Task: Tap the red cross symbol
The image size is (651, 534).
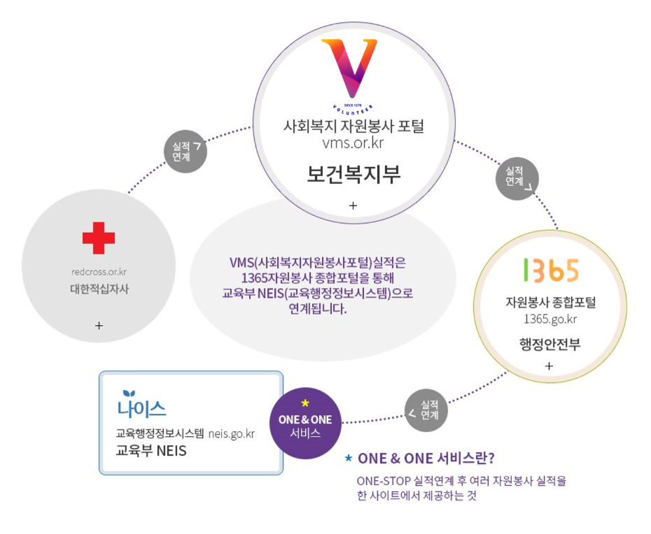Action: pos(99,238)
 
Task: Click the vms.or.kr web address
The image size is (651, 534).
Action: pos(353,143)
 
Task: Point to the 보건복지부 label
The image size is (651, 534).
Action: pos(353,174)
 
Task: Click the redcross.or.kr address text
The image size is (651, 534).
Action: pos(99,271)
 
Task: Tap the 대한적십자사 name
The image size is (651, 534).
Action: pos(99,288)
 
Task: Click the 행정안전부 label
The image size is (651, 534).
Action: pos(549,344)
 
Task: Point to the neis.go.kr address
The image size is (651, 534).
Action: pos(231,433)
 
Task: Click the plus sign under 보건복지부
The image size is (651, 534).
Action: pos(353,205)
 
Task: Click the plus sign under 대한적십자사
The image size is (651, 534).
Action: pos(99,325)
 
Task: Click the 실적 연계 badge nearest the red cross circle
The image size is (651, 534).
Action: pos(185,152)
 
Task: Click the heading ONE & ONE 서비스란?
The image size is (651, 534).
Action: pos(426,459)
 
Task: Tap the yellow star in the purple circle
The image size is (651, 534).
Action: pos(304,404)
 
